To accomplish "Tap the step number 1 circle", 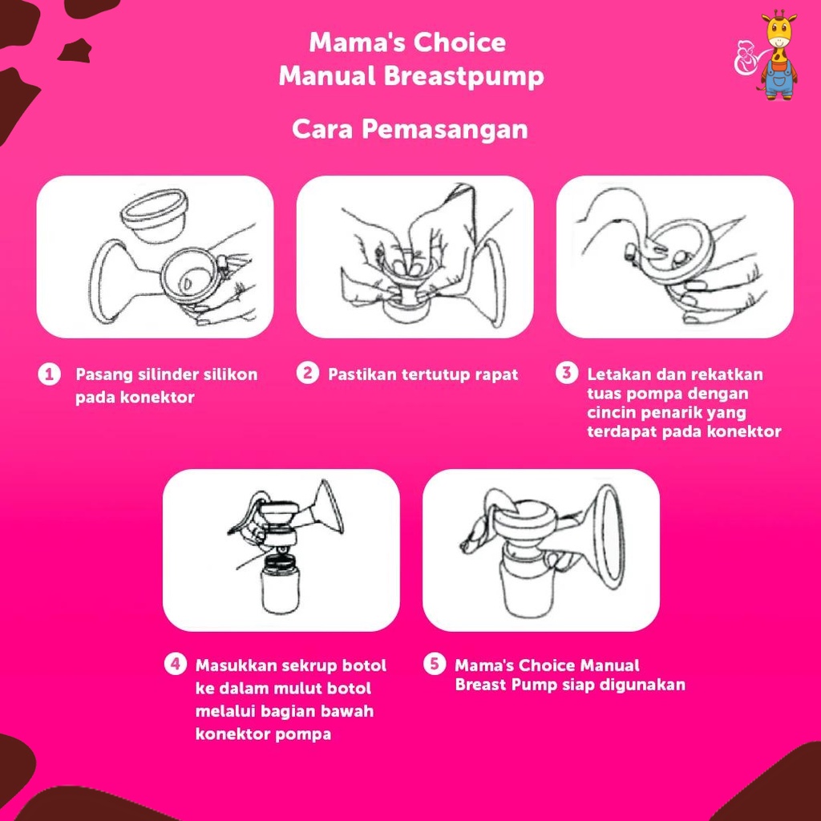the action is (49, 374).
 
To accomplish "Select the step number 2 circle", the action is (308, 374).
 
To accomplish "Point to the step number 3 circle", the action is (567, 374).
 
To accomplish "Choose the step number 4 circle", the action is (176, 664).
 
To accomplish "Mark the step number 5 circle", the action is (435, 664).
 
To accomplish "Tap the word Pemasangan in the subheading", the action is (444, 129).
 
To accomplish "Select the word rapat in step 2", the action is (497, 375).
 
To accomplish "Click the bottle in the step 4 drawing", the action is (281, 584).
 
